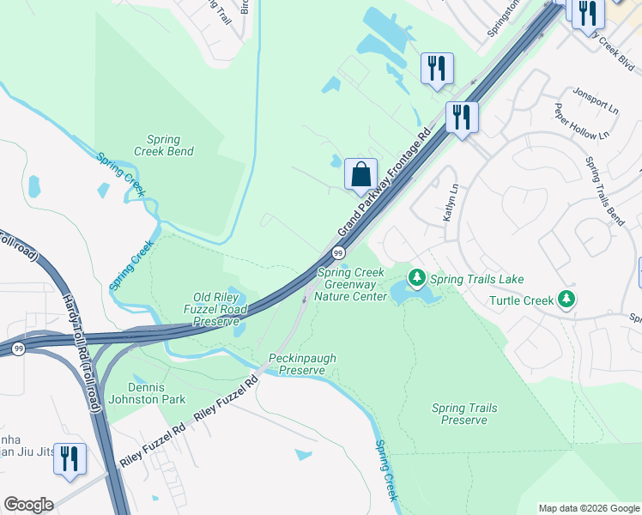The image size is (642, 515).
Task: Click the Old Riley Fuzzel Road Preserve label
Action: [x=215, y=309]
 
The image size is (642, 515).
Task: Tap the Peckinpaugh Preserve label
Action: [x=302, y=364]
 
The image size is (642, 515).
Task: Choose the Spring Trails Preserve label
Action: [x=464, y=415]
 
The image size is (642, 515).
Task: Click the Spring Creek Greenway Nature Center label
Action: [x=353, y=284]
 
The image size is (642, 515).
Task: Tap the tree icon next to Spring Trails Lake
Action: [x=417, y=278]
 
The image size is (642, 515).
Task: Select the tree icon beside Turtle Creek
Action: [x=566, y=300]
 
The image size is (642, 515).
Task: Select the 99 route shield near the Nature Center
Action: [x=339, y=253]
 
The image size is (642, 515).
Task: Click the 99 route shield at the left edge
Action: [x=19, y=348]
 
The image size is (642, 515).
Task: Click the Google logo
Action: [x=28, y=505]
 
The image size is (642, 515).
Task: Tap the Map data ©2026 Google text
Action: [x=588, y=508]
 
